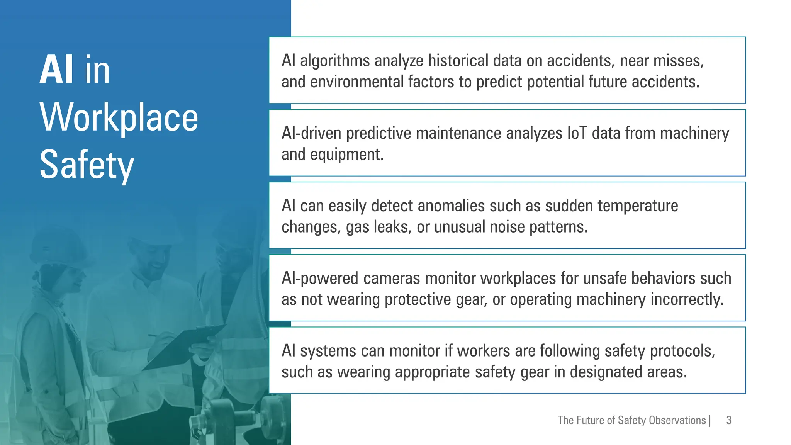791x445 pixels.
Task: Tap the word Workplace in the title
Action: pyautogui.click(x=119, y=117)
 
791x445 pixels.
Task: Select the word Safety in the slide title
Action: pyautogui.click(x=87, y=165)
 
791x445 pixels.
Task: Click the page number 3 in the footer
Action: pyautogui.click(x=729, y=420)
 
